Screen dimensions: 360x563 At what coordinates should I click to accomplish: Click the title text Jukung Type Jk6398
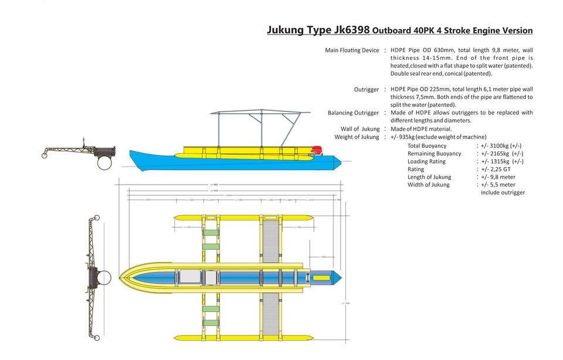[318, 30]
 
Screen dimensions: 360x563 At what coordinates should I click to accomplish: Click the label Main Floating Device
[352, 50]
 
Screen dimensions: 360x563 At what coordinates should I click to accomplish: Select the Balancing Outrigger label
[353, 113]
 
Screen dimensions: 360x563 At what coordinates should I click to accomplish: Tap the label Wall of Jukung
[360, 129]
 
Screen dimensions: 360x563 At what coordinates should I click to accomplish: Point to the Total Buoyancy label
[426, 145]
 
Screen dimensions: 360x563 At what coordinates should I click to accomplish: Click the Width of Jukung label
[428, 185]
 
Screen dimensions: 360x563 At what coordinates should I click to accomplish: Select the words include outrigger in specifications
[503, 192]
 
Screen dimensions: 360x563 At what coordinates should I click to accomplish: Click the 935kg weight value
[403, 137]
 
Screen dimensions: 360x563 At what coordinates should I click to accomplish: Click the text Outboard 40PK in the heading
[401, 30]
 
